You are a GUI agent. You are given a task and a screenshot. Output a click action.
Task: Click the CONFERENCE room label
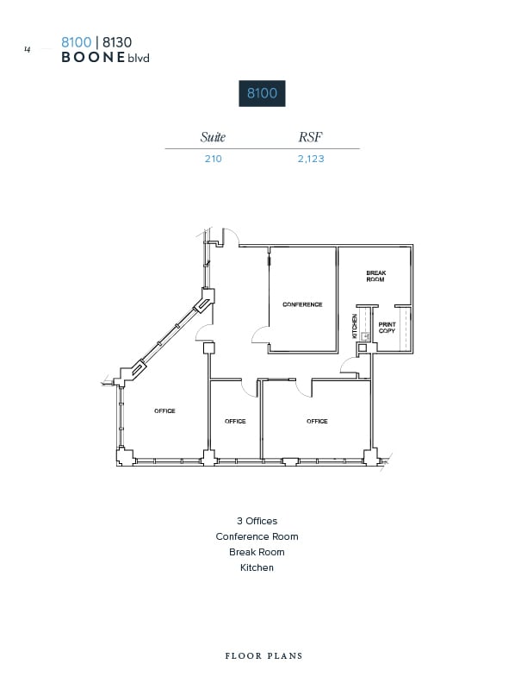(x=302, y=304)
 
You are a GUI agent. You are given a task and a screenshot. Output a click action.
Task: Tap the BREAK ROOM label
(x=375, y=277)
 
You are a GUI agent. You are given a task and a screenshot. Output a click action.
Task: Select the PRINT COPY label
(x=387, y=328)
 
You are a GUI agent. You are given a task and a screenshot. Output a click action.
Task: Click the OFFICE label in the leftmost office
(x=164, y=411)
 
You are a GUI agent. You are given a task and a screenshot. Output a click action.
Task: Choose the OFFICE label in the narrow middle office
(x=235, y=422)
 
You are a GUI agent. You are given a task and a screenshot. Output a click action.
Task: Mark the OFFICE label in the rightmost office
(x=317, y=422)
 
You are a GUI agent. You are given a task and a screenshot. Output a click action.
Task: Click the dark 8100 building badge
(x=262, y=93)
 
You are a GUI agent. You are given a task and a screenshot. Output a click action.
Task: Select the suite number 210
(x=213, y=159)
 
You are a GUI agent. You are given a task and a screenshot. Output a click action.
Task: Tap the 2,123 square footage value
(x=311, y=159)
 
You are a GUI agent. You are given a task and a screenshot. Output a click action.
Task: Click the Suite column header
(x=213, y=136)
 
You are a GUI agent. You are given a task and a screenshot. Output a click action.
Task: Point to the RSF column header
(x=310, y=136)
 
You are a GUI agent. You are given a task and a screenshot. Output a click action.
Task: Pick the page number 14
(x=28, y=50)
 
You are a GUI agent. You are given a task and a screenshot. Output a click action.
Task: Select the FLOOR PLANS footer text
(x=263, y=655)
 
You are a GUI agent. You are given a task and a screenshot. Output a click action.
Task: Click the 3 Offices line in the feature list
(x=257, y=521)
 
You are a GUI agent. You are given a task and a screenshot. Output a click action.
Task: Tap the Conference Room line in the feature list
(x=257, y=536)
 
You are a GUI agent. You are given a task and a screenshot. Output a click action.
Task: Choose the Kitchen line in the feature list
(x=257, y=567)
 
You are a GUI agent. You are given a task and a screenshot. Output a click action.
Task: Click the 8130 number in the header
(x=117, y=41)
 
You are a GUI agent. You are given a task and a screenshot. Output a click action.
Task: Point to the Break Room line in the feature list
(x=257, y=552)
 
